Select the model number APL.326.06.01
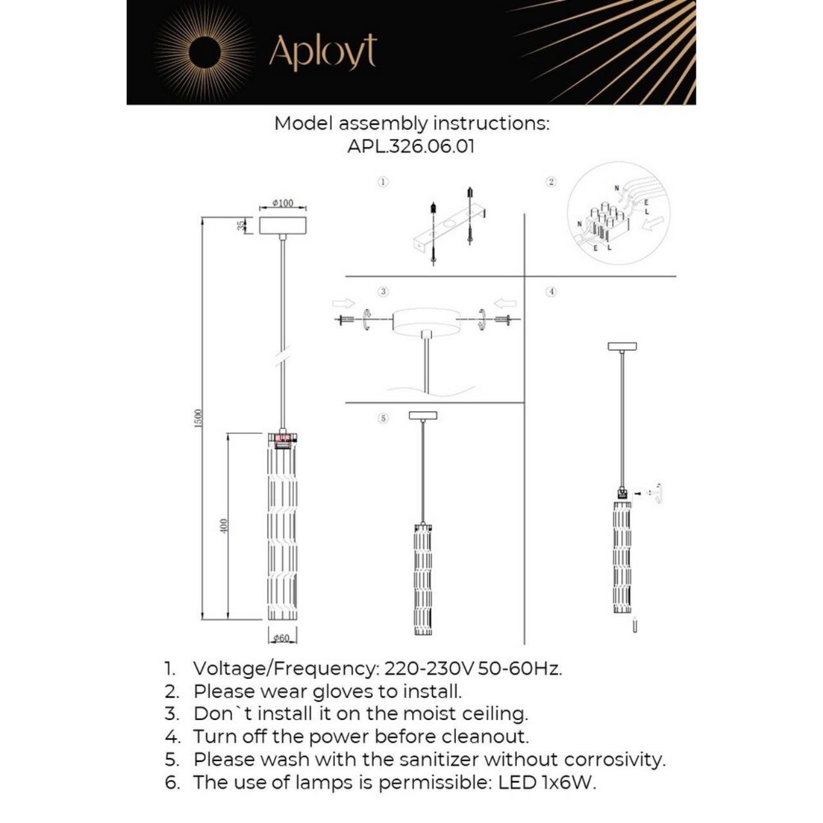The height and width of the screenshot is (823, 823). click(411, 146)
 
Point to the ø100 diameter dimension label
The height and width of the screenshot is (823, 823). click(282, 203)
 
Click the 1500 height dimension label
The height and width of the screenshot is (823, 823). click(199, 418)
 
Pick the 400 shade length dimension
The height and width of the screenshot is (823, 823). click(224, 527)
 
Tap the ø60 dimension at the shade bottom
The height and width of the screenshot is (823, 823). click(282, 638)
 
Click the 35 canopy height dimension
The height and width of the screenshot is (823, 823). click(241, 225)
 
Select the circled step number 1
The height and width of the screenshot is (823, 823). click(383, 182)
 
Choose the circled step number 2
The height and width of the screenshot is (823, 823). click(551, 182)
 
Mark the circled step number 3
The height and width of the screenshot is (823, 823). click(383, 291)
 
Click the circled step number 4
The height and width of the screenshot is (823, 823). click(551, 291)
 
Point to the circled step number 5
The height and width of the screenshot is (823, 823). click(383, 418)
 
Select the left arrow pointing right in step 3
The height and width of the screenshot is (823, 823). click(343, 303)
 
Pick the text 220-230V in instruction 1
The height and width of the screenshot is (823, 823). click(429, 668)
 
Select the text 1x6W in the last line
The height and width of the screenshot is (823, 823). click(568, 782)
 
